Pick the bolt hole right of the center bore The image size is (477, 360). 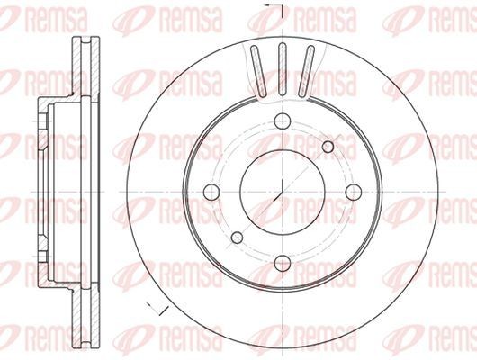pos(349,192)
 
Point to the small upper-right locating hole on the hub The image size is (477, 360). pos(328,145)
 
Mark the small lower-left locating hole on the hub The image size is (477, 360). pos(236,238)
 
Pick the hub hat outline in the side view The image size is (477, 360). pos(45,180)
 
